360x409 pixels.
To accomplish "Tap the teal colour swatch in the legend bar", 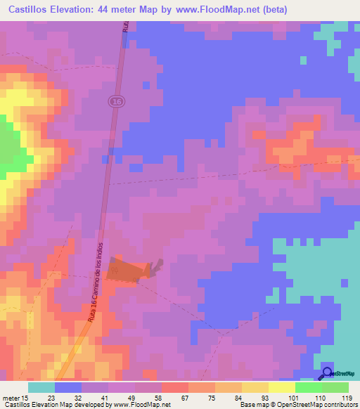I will (41, 387).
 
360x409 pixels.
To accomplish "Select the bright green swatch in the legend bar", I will (308, 387).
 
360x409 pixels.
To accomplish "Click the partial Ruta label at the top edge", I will (125, 26).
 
